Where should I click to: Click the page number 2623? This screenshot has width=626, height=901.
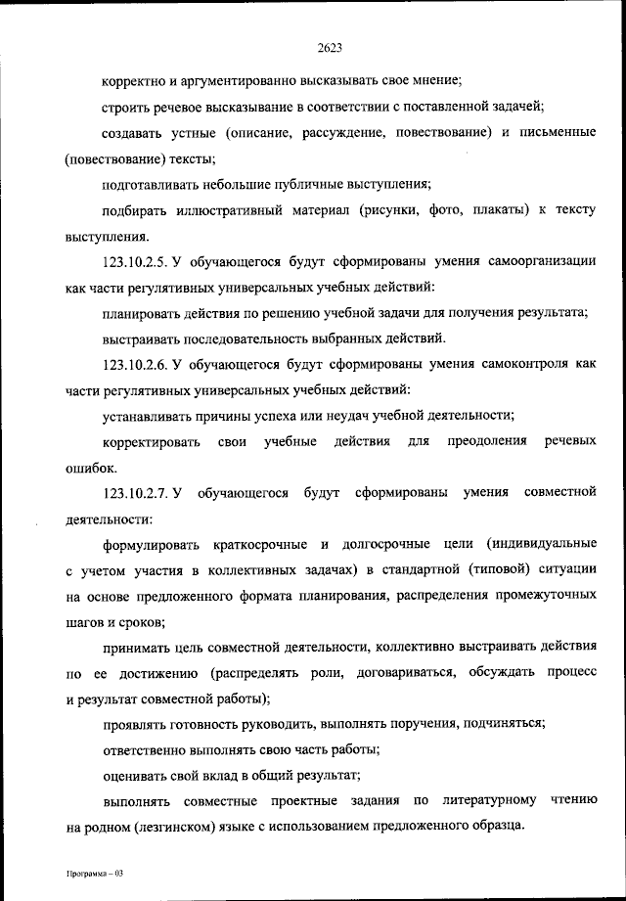[329, 46]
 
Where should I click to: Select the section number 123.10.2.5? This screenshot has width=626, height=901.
[137, 262]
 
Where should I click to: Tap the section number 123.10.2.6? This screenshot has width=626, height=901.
[137, 365]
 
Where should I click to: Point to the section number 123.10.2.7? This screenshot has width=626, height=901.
[137, 491]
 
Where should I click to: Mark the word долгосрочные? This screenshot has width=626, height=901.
[390, 542]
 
